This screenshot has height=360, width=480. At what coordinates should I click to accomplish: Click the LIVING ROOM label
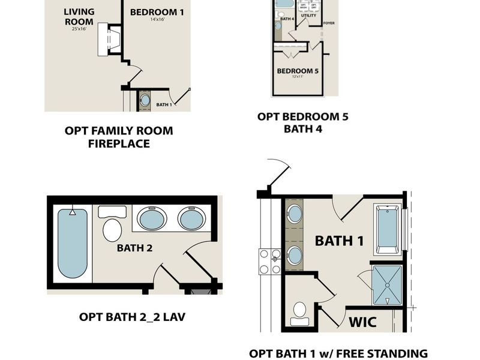pyautogui.click(x=79, y=17)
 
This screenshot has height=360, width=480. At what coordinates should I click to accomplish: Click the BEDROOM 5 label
pyautogui.click(x=298, y=71)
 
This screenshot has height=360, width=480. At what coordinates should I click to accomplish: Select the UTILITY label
pyautogui.click(x=308, y=15)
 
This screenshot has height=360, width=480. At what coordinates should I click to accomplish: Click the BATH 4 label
pyautogui.click(x=287, y=19)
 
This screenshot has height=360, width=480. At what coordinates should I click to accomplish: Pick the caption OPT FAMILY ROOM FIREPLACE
pyautogui.click(x=118, y=137)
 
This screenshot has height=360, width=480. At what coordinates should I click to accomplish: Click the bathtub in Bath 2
pyautogui.click(x=72, y=242)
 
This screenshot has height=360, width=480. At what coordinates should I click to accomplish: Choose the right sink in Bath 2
pyautogui.click(x=191, y=218)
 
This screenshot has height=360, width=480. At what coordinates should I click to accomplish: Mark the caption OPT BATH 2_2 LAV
pyautogui.click(x=132, y=316)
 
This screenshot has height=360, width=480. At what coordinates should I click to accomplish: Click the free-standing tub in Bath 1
pyautogui.click(x=386, y=229)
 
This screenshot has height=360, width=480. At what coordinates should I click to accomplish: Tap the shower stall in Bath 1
pyautogui.click(x=387, y=284)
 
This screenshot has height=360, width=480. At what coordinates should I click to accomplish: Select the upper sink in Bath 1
pyautogui.click(x=295, y=213)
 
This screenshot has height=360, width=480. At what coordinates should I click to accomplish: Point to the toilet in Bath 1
pyautogui.click(x=299, y=313)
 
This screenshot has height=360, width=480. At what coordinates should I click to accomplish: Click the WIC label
pyautogui.click(x=362, y=322)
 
